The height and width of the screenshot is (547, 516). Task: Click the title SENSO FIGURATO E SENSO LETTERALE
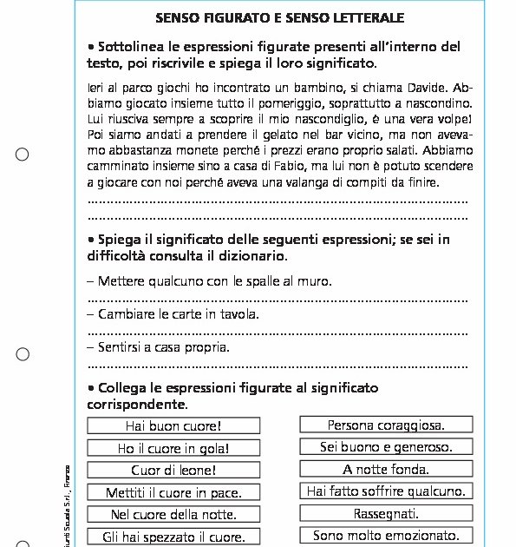pos(279,16)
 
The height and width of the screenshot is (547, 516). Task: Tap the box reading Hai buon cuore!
pos(173,425)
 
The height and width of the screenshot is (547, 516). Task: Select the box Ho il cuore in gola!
pos(173,448)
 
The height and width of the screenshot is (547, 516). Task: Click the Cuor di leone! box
pos(173,471)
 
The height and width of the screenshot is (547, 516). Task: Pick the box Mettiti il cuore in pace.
pos(173,492)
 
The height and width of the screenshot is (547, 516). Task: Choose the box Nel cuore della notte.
pos(173,514)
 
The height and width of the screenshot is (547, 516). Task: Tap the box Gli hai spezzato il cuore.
pos(173,537)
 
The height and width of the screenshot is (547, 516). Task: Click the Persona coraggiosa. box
pos(386,425)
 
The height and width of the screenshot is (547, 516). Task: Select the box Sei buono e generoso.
pos(386,447)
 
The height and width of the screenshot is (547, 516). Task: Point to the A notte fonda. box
pos(386,470)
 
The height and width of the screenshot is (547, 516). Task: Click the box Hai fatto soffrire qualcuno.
pos(386,491)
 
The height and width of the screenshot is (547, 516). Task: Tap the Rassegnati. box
pos(386,513)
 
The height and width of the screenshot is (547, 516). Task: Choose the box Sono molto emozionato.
pos(386,536)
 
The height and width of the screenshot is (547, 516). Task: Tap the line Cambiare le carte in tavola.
pos(179,313)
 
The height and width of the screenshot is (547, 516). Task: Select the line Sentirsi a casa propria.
pos(164,347)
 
